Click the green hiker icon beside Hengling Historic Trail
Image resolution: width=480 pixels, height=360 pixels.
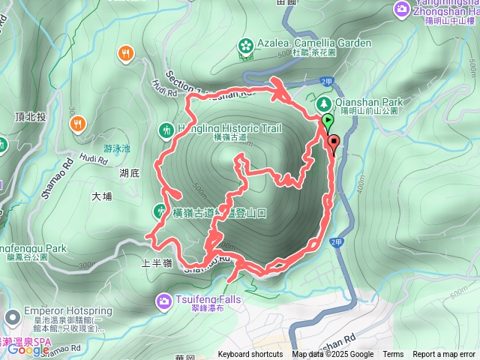(x=166, y=129)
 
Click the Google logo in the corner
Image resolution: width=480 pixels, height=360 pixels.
(x=28, y=350)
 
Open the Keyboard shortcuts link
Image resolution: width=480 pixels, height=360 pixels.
(x=250, y=355)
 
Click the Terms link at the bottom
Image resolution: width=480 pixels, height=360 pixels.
(x=393, y=355)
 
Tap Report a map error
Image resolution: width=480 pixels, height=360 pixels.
(x=445, y=355)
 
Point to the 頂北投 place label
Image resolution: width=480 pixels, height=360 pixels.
(x=30, y=117)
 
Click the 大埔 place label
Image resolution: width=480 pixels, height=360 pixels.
(x=101, y=196)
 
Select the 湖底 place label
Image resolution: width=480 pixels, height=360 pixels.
(x=129, y=173)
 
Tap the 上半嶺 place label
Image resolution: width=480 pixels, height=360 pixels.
(x=157, y=263)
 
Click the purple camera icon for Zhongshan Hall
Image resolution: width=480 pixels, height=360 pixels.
(x=401, y=8)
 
